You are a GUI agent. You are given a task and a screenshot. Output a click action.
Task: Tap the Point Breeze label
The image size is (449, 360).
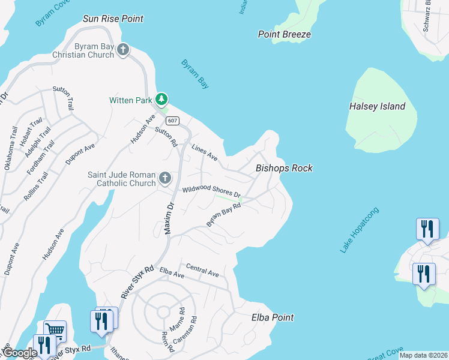point(285,34)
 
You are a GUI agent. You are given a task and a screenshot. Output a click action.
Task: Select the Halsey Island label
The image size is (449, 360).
point(377,106)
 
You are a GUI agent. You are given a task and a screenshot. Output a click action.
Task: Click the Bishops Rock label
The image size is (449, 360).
point(284,168)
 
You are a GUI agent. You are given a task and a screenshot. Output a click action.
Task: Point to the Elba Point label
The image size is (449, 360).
point(273,317)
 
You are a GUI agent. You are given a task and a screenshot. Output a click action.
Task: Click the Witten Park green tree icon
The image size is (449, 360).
point(161,100)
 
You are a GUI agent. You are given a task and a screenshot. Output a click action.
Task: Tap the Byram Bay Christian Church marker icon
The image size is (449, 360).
point(124,49)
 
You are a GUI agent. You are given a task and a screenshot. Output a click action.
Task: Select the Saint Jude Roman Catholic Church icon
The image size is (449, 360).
point(165,178)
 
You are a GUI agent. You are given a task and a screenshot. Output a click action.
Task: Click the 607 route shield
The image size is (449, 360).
point(172,121)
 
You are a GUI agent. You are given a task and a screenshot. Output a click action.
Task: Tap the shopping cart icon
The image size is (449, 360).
point(55,330)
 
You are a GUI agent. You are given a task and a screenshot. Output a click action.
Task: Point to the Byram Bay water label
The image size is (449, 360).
point(195,74)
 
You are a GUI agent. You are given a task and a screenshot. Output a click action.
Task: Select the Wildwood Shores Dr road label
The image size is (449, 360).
point(211,191)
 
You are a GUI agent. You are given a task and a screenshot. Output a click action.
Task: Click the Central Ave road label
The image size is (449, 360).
point(202,270)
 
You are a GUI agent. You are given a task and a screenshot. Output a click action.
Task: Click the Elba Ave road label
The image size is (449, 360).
point(172,273)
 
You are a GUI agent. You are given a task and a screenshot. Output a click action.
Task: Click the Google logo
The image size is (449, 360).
point(19,353)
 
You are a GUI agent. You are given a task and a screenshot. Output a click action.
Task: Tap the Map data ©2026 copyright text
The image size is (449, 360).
point(423,355)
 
